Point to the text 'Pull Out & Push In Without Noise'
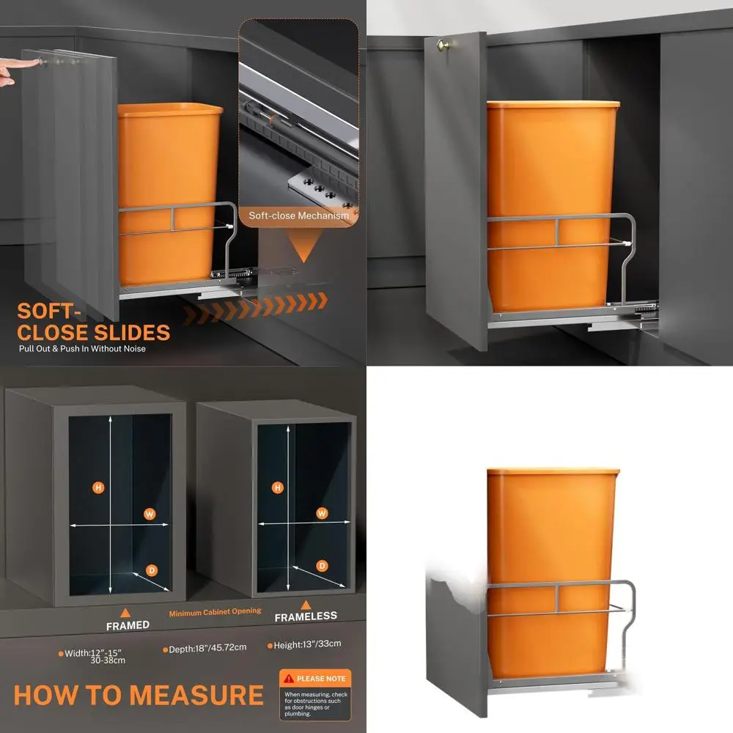(82, 349)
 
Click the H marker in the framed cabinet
(97, 487)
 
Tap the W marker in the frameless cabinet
(321, 513)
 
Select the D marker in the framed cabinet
(152, 570)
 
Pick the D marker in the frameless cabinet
(322, 565)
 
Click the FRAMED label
(128, 625)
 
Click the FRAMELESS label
(306, 616)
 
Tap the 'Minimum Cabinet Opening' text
(216, 611)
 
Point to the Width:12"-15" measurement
(92, 652)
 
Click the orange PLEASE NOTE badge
(315, 679)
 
